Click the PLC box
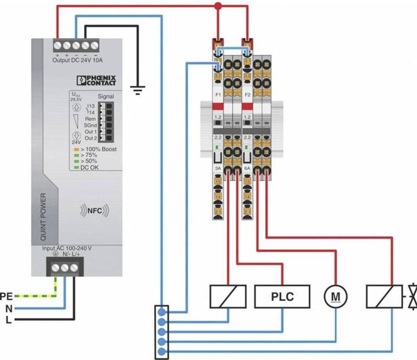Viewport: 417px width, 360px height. (x=283, y=297)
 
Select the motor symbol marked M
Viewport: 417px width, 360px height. (x=335, y=297)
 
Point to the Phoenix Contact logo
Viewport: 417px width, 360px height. (x=96, y=81)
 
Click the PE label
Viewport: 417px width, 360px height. (x=6, y=296)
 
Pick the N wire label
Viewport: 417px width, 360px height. (x=8, y=308)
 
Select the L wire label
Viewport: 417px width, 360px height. (x=8, y=320)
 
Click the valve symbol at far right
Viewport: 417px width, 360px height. (x=411, y=296)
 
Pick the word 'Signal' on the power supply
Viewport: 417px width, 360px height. (x=105, y=97)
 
